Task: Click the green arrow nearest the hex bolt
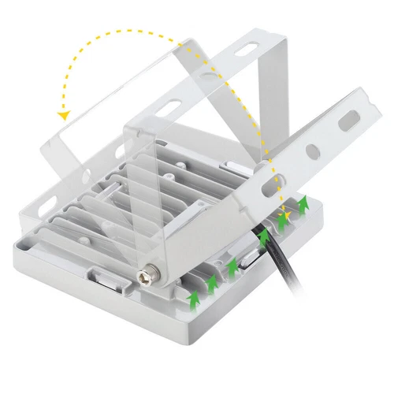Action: click(x=192, y=298)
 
